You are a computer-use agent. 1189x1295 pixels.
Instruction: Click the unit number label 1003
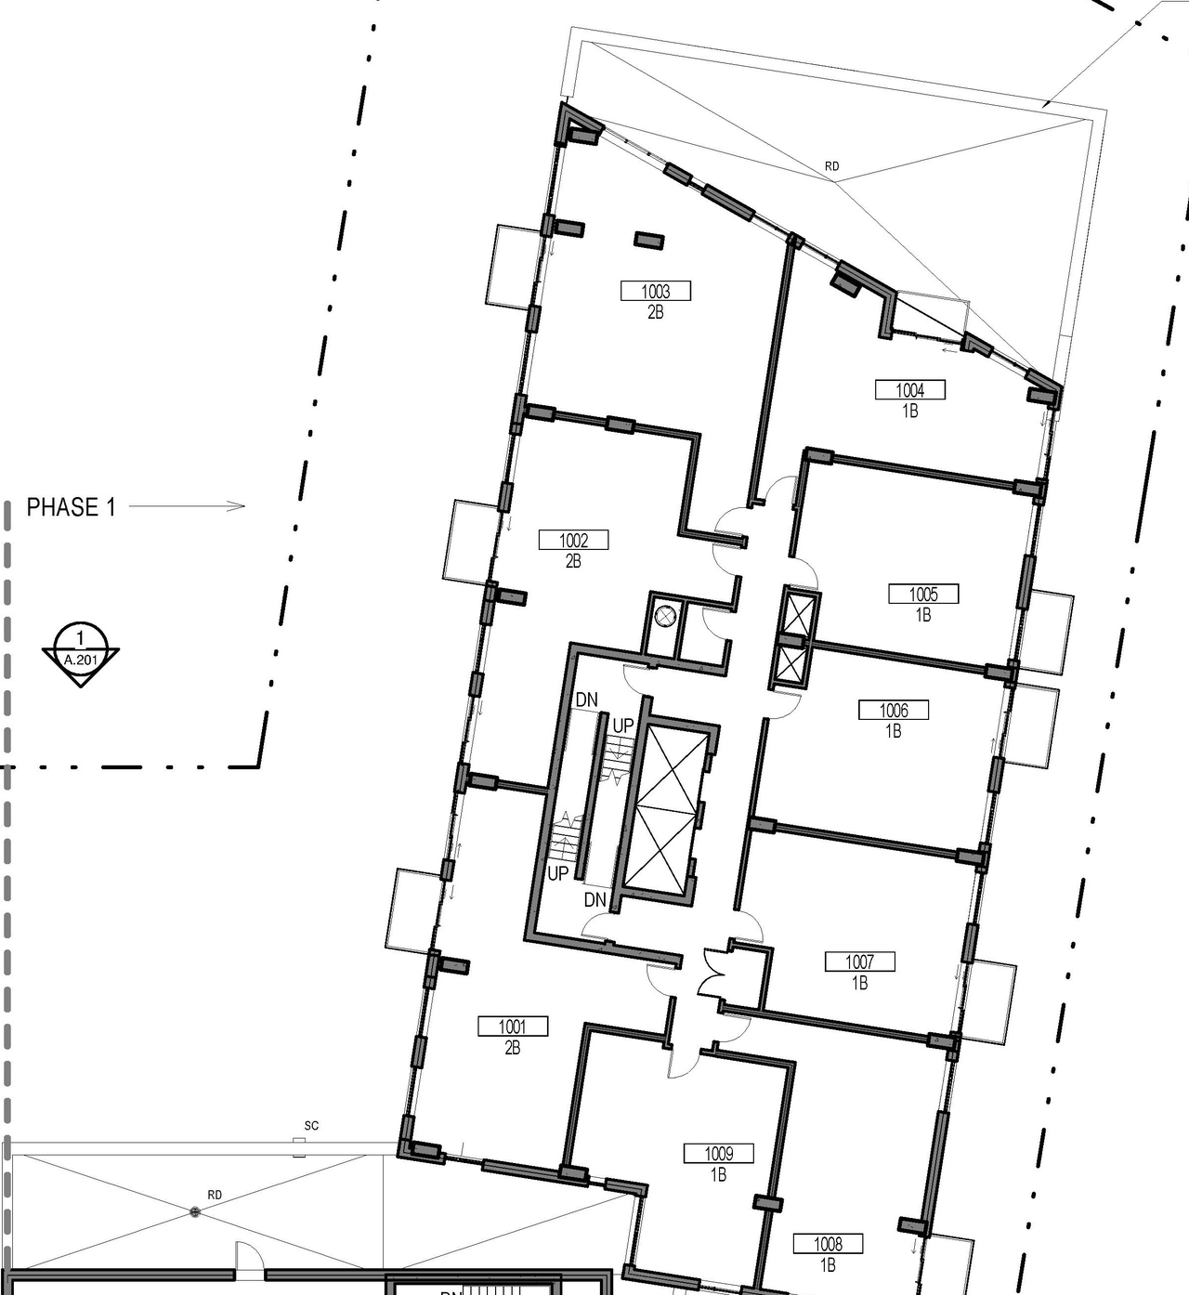[656, 292]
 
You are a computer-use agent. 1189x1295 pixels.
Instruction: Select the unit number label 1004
[910, 390]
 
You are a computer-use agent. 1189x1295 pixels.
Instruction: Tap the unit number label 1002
[573, 540]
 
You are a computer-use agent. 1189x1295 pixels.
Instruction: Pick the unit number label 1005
[922, 594]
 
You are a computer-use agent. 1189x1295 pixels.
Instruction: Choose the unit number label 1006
[894, 711]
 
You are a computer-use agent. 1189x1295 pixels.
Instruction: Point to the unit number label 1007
[859, 962]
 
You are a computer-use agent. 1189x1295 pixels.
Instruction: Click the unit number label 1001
[512, 1027]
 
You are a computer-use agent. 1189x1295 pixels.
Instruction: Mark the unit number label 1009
[718, 1154]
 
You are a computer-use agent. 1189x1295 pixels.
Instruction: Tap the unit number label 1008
[828, 1244]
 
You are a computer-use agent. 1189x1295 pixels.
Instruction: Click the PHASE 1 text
[72, 507]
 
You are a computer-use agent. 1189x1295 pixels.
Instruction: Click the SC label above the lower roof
[311, 1126]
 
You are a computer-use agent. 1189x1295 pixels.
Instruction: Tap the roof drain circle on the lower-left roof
[194, 1211]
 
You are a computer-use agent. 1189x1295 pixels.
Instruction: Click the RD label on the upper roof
[831, 166]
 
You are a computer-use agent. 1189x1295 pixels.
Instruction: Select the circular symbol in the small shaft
[665, 615]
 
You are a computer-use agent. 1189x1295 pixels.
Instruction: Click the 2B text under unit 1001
[512, 1048]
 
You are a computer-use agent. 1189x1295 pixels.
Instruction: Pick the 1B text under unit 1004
[910, 411]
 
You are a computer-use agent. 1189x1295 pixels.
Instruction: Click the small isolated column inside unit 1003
[648, 241]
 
